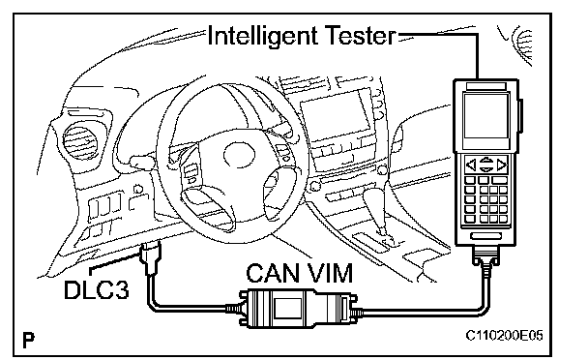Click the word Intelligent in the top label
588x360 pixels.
click(261, 37)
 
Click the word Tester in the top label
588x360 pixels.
click(359, 35)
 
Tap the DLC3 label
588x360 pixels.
click(97, 289)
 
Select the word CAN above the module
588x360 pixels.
click(274, 273)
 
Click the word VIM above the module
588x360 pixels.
click(330, 273)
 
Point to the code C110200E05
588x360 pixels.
click(504, 335)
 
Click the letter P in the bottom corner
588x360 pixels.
click(28, 340)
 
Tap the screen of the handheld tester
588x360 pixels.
click(486, 116)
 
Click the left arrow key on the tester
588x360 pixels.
click(471, 165)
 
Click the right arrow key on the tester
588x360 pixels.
click(501, 165)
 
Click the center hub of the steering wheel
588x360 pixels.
click(239, 155)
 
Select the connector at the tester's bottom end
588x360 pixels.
click(486, 257)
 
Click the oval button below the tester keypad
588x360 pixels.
click(486, 236)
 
